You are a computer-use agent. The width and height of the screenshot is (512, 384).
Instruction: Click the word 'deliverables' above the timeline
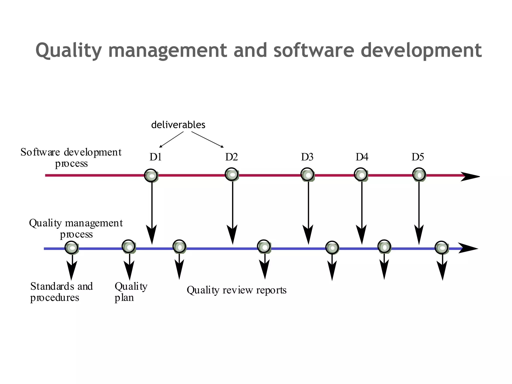coord(178,125)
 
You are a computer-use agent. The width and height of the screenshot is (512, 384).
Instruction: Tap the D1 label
coord(155,157)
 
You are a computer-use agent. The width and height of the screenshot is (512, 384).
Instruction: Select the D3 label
coord(307,157)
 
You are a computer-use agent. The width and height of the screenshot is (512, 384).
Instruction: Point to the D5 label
coord(417,157)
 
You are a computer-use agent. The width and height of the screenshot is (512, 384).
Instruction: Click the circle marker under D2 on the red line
coord(232,174)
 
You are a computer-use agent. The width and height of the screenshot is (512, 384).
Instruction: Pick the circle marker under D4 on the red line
coord(361,175)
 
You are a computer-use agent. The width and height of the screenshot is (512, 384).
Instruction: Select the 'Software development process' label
coord(71,157)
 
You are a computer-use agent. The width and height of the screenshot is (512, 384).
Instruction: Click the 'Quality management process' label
coord(76,228)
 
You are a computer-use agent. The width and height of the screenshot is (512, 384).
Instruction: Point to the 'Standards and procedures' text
coord(61,292)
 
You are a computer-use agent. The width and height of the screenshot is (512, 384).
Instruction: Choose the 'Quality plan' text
coord(131,292)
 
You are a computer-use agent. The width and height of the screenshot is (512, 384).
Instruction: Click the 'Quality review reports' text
coord(236,290)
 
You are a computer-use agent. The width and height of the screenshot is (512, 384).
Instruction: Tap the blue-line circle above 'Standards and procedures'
coord(71,248)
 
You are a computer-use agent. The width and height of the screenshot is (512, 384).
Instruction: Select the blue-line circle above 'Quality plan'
coord(129,247)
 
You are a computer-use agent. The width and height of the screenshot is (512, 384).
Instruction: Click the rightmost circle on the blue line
coord(441,248)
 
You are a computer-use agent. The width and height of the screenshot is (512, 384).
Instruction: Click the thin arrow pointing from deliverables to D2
coord(207,139)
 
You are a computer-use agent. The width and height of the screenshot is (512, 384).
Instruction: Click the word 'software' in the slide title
coord(314,50)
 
